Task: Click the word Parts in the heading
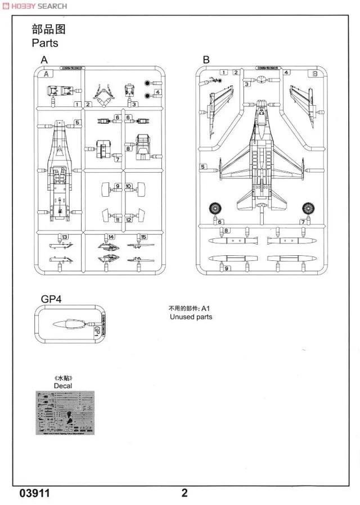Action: pyautogui.click(x=45, y=43)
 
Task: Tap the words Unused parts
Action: pyautogui.click(x=191, y=317)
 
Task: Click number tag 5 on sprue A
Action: pyautogui.click(x=77, y=122)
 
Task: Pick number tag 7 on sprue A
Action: pyautogui.click(x=118, y=159)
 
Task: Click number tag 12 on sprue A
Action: pyautogui.click(x=129, y=220)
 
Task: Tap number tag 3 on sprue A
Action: pyautogui.click(x=136, y=104)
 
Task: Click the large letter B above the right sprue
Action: pyautogui.click(x=206, y=60)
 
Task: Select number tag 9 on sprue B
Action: pyautogui.click(x=226, y=269)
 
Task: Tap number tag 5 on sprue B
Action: pyautogui.click(x=202, y=166)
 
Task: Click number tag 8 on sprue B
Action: pyautogui.click(x=226, y=231)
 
